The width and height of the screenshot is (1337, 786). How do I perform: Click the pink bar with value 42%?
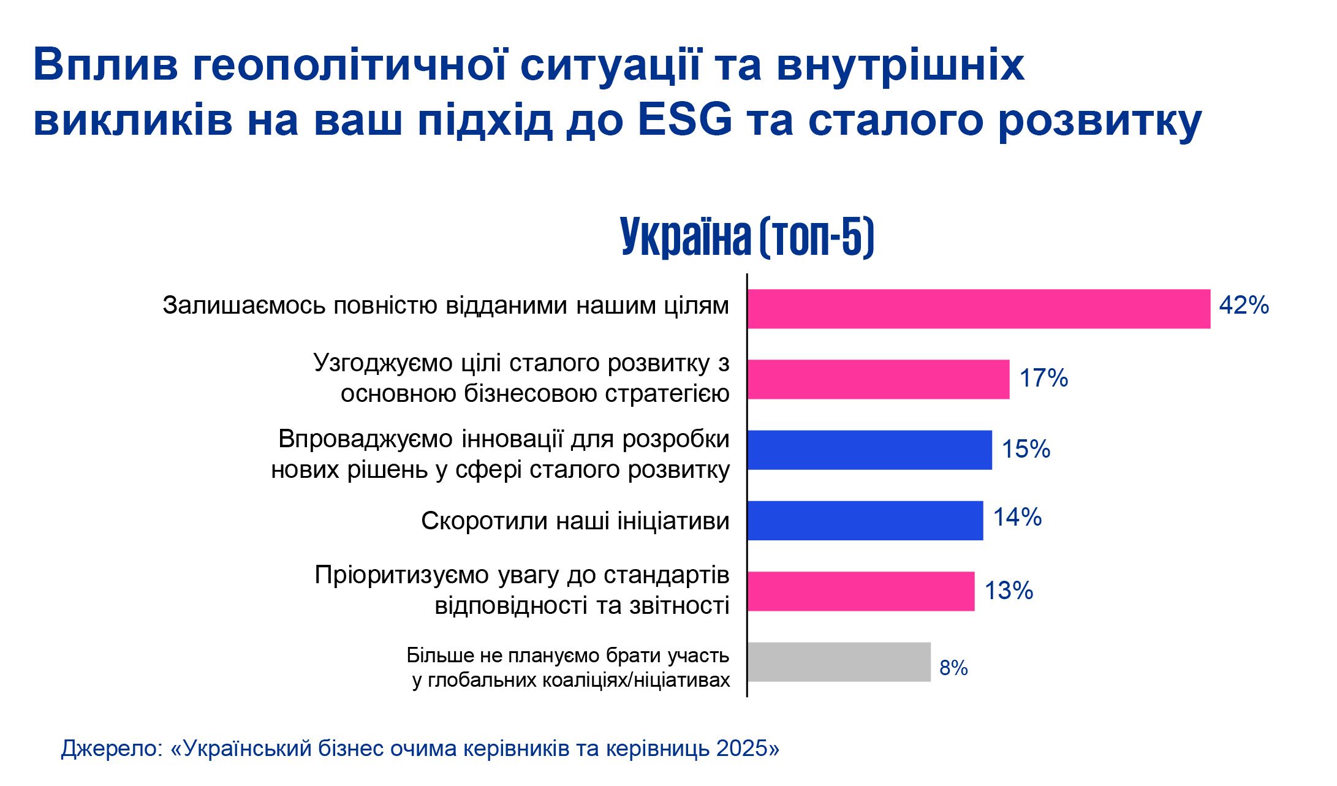(979, 309)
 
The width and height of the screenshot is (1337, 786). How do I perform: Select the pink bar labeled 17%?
(878, 379)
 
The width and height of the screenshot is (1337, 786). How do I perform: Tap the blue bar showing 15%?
(869, 450)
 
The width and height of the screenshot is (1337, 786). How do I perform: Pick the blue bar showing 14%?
(865, 520)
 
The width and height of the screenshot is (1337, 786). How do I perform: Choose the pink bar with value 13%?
(861, 591)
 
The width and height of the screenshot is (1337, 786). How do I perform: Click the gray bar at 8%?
(839, 662)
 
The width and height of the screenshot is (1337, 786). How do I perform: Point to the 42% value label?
(1244, 305)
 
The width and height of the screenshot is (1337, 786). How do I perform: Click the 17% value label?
(1043, 378)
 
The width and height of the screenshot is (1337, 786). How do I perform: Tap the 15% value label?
(1026, 449)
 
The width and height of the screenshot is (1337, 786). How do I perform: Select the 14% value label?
(1017, 517)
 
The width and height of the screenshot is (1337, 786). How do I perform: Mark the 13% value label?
(1009, 591)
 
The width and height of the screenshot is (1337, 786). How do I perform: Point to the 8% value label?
(953, 668)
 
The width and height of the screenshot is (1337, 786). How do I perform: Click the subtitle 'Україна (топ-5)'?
(747, 236)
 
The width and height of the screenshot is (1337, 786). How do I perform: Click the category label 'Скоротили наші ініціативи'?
(575, 521)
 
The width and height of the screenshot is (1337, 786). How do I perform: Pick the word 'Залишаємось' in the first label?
(244, 305)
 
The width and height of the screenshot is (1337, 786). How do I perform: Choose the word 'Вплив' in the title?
(105, 64)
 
